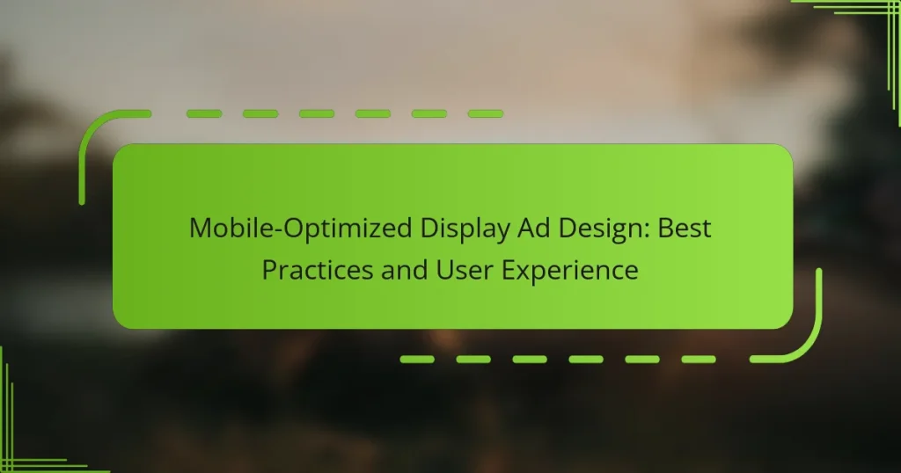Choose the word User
pyautogui.click(x=460, y=270)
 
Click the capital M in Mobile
pyautogui.click(x=201, y=229)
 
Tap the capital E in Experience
pyautogui.click(x=509, y=270)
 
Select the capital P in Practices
pyautogui.click(x=269, y=270)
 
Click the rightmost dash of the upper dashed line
pyautogui.click(x=485, y=113)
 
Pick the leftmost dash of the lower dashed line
pyautogui.click(x=418, y=359)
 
